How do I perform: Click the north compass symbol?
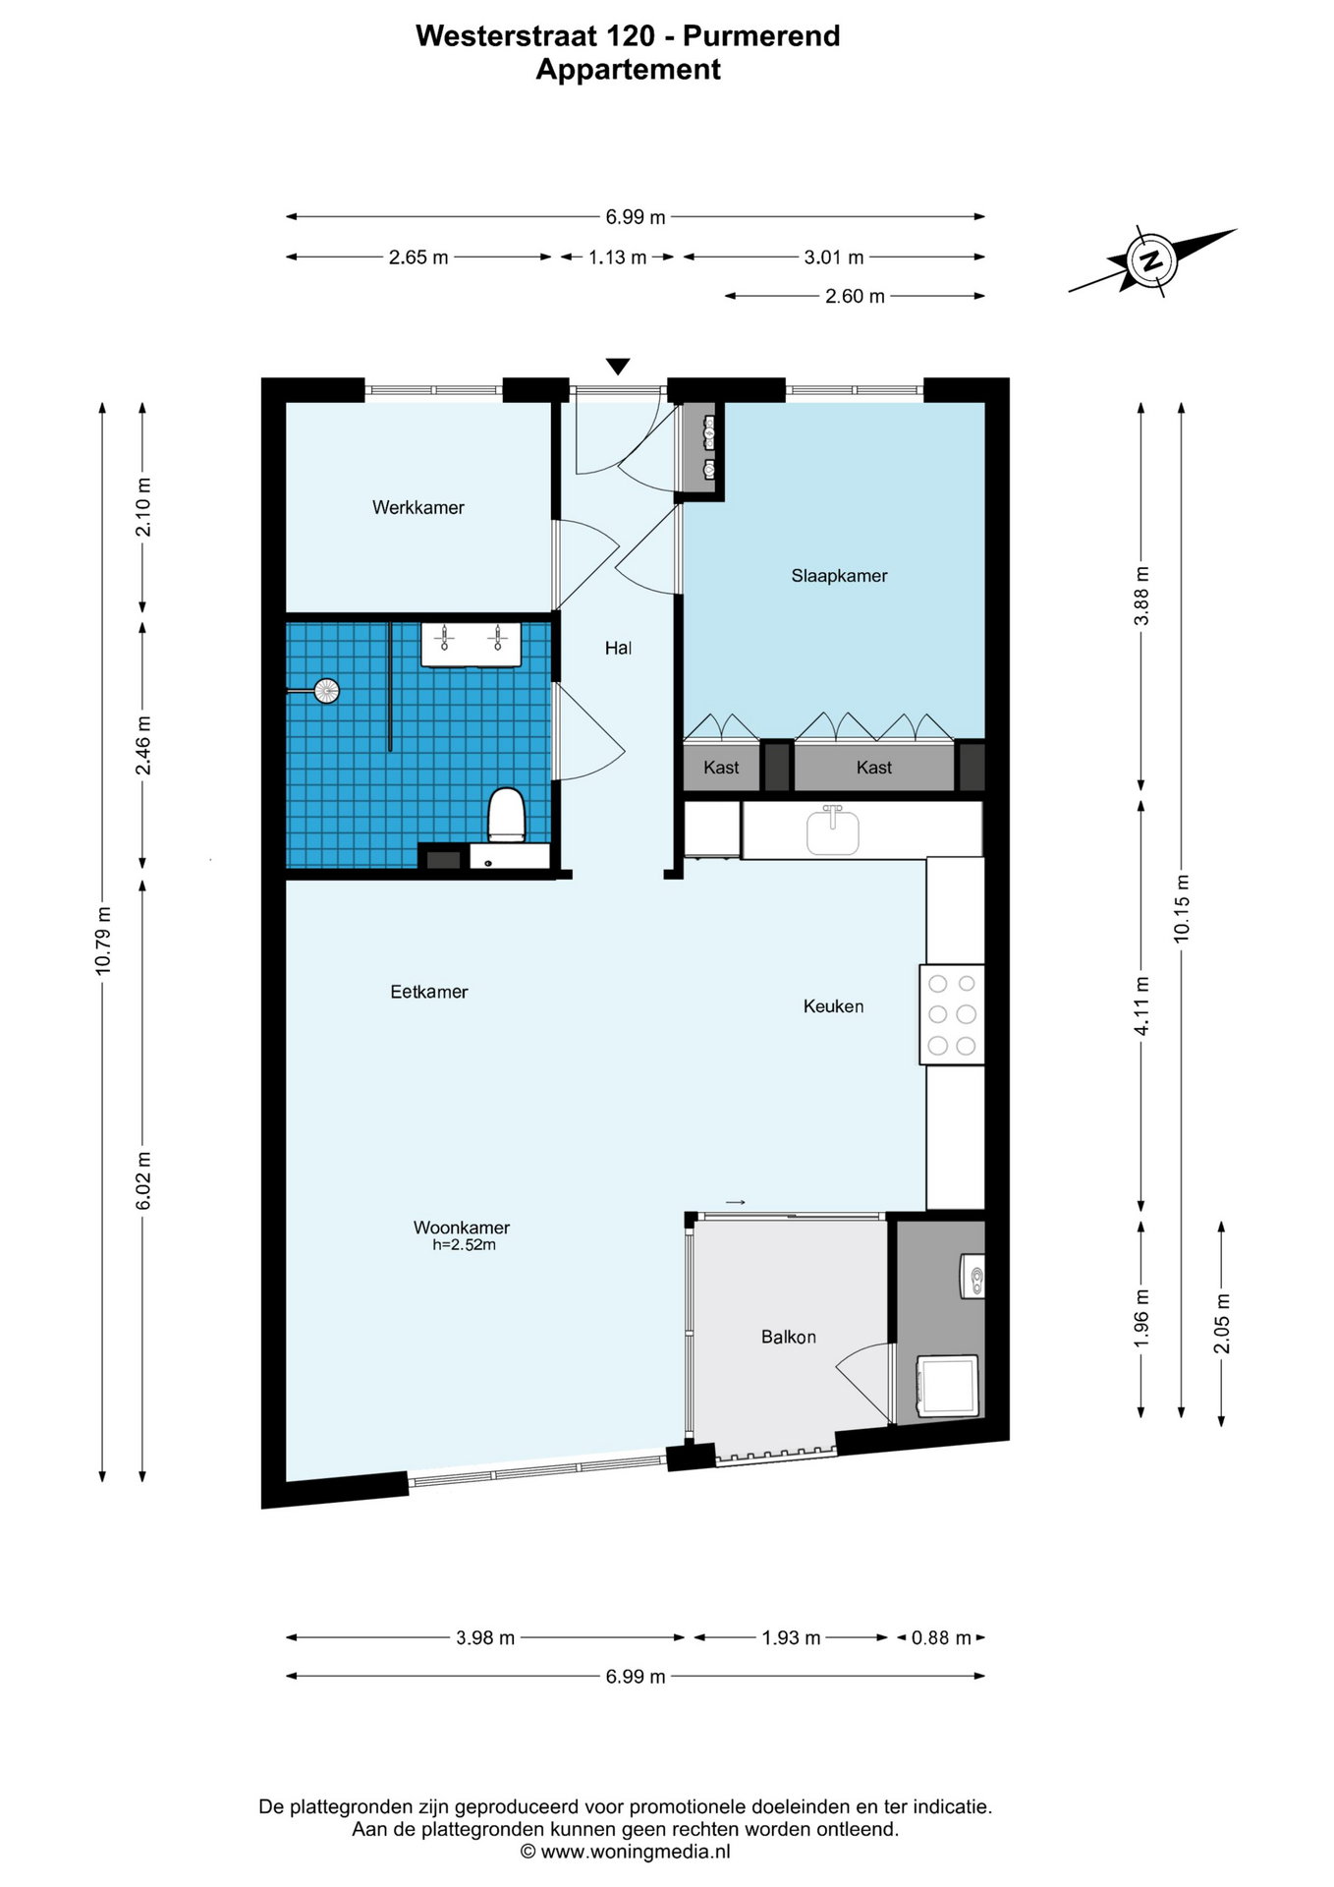(x=1150, y=260)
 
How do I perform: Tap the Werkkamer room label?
(x=417, y=507)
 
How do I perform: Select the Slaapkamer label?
(x=839, y=576)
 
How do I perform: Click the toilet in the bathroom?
(x=507, y=815)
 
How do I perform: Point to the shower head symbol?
(x=325, y=691)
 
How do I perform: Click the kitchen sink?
(x=832, y=830)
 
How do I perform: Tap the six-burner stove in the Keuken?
(x=952, y=1014)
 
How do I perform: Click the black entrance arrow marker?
(x=617, y=367)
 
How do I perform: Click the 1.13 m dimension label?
(x=617, y=257)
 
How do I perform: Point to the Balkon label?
(x=788, y=1337)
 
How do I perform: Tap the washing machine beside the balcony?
(x=947, y=1386)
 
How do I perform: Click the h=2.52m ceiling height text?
(x=464, y=1245)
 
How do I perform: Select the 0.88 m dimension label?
(x=941, y=1637)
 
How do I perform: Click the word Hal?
(x=618, y=648)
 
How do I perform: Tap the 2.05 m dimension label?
(x=1222, y=1323)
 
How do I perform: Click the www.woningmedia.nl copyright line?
(x=625, y=1852)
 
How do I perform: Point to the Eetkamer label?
(x=429, y=992)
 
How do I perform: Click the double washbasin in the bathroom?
(x=472, y=644)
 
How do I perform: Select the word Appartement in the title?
(x=629, y=70)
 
